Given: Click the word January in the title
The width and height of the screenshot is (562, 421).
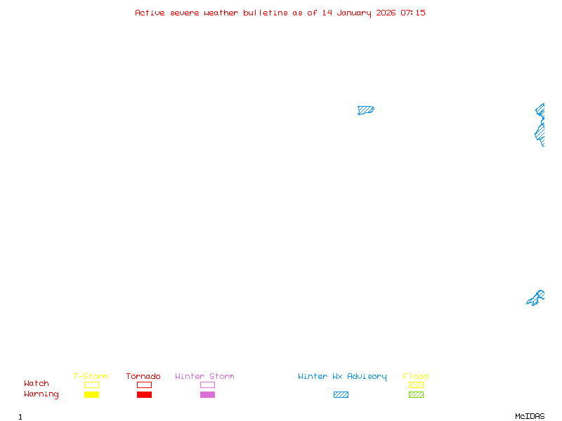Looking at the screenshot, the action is click(354, 13).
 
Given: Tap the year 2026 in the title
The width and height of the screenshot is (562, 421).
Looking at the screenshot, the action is click(386, 13).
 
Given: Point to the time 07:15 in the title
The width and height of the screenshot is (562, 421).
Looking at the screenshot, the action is click(413, 13).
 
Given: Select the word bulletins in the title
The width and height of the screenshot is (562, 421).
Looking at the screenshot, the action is click(266, 13).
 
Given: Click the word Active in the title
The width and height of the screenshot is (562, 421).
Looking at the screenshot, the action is click(150, 13).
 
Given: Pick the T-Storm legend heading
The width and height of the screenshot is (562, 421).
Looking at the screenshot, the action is click(91, 376).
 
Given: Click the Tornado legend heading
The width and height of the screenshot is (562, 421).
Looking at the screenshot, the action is click(143, 376).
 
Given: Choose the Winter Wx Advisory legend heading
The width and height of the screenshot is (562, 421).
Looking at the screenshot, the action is click(342, 377).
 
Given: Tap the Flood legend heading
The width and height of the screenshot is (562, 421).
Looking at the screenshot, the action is click(416, 376).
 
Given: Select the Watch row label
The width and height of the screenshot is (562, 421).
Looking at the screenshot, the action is click(37, 383).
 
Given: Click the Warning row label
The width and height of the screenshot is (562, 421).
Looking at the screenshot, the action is click(41, 394).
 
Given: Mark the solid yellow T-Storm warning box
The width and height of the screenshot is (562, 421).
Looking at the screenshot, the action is click(92, 394).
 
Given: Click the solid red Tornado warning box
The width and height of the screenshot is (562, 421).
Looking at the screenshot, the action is click(145, 394).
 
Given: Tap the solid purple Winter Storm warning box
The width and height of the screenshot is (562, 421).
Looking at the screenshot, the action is click(207, 394).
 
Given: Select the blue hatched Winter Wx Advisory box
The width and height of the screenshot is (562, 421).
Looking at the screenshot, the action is click(341, 394).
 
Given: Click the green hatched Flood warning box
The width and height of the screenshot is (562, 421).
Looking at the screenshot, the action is click(416, 394).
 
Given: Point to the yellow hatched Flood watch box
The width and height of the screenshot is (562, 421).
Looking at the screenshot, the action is click(416, 385).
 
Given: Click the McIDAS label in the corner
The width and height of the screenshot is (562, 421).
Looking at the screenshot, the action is click(530, 416).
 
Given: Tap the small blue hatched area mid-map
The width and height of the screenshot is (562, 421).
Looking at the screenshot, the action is click(365, 110).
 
